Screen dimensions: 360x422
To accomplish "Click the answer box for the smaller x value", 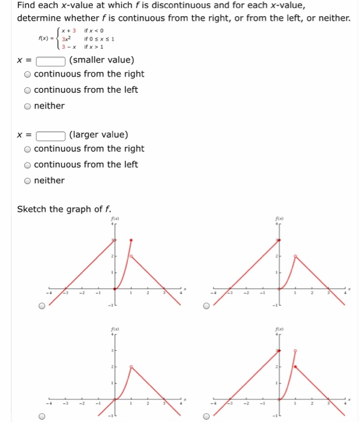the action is [x=51, y=60].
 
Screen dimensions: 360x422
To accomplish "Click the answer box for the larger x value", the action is [x=51, y=135].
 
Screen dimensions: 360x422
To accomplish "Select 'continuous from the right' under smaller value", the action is [x=28, y=74].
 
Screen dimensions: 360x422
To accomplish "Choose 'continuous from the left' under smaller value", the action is [x=28, y=90].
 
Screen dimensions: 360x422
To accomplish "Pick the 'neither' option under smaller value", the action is [x=28, y=106].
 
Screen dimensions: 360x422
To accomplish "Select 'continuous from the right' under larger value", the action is [x=28, y=149].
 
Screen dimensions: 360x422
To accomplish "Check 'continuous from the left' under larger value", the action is [x=28, y=165].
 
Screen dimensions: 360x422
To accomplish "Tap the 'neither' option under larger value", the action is [x=28, y=180].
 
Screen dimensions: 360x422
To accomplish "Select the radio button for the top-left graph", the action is [x=42, y=306].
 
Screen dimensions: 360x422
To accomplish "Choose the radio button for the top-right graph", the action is [x=206, y=306].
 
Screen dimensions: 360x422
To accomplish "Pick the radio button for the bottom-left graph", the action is [x=42, y=416].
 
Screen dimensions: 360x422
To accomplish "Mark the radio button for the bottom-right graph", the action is [x=206, y=416].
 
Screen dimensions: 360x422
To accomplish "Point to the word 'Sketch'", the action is [x=32, y=209].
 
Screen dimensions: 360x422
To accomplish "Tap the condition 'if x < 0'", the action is [x=96, y=30].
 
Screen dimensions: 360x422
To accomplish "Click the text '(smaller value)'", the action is [x=102, y=60].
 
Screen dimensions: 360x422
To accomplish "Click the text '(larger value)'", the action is [x=99, y=135].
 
